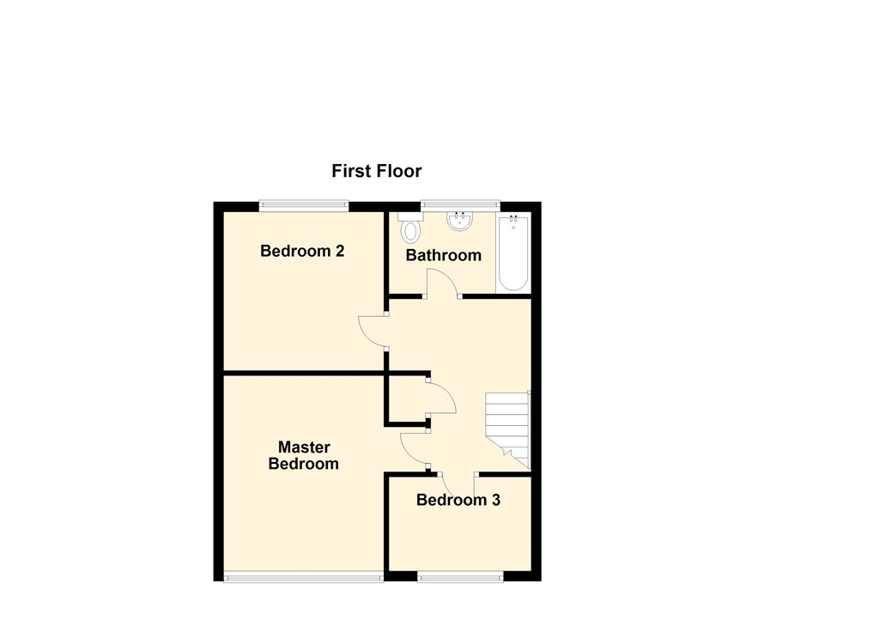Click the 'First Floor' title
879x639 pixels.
pos(376,171)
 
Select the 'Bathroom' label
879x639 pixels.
pos(443,255)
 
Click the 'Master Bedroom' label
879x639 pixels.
pos(303,455)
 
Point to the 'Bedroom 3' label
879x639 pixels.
pos(458,500)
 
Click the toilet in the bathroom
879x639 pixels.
pos(411,228)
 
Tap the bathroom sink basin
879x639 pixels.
pos(460,222)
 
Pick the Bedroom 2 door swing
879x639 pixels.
pos(373,331)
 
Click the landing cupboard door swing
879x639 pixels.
pos(442,399)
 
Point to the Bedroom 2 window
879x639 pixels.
pos(304,205)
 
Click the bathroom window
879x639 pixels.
pos(460,205)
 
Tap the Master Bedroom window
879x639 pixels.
pos(303,577)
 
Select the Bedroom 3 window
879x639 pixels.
pos(459,577)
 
